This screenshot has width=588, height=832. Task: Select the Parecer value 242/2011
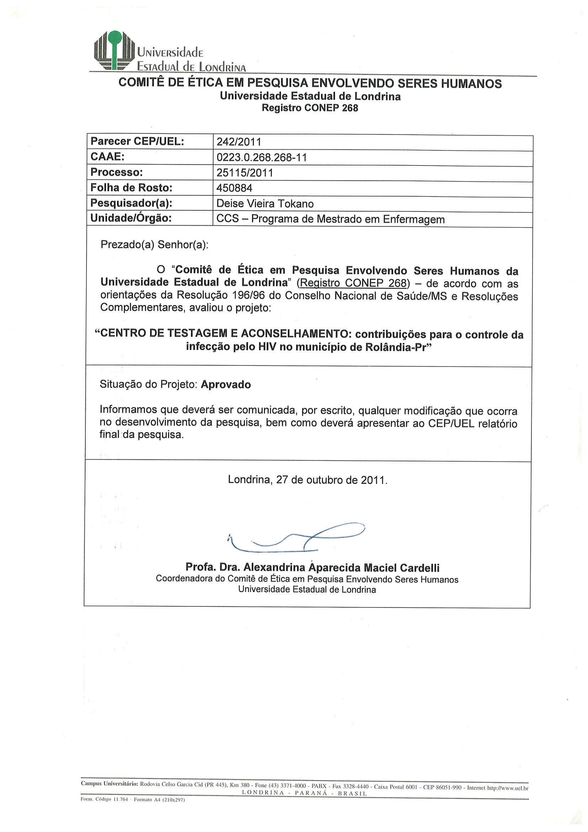[239, 142]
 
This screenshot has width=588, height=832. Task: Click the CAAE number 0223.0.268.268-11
[261, 158]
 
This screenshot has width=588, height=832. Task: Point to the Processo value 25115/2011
[244, 173]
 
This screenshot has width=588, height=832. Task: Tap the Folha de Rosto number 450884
[234, 188]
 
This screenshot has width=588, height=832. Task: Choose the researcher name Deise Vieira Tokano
[265, 204]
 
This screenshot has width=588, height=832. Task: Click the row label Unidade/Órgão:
[131, 218]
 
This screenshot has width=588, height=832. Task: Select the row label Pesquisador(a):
[131, 203]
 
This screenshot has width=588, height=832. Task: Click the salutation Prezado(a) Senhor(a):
[154, 244]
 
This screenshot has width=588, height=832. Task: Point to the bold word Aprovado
[226, 384]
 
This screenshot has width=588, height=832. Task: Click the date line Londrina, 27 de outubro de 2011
[308, 480]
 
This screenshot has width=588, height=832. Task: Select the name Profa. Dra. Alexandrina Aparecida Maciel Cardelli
[312, 568]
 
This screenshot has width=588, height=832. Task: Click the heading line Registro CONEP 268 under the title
[310, 108]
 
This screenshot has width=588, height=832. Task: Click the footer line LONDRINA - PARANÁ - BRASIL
[304, 793]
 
